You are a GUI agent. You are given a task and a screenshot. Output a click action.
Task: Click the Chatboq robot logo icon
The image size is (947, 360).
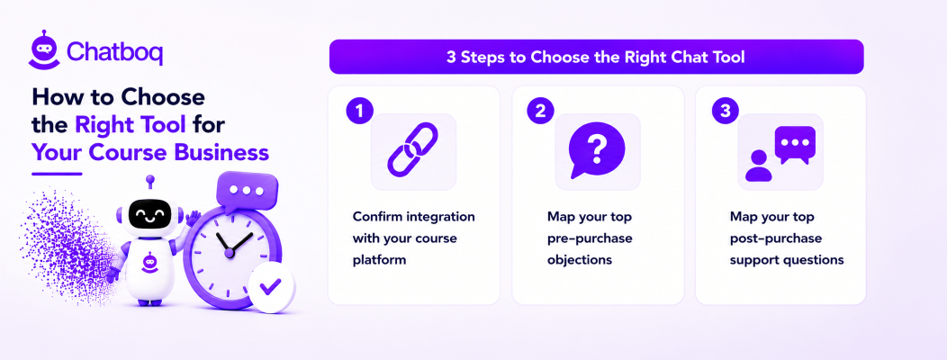pos(44,49)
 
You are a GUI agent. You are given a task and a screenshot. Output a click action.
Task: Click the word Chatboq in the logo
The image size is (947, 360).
pos(114,52)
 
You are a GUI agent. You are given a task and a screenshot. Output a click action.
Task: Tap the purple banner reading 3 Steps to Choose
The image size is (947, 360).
pos(596,57)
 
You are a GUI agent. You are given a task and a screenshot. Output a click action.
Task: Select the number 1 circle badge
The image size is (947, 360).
pos(359,111)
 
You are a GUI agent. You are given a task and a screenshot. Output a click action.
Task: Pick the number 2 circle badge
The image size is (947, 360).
pos(540,111)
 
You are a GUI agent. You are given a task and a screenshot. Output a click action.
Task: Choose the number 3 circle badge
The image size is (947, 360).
pos(725,111)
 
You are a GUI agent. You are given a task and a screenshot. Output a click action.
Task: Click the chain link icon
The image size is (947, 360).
pos(412,149)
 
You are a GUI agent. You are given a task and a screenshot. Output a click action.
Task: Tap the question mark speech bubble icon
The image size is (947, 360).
pos(597,150)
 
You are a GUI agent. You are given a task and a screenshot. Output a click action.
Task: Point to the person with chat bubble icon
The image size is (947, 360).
pos(780,153)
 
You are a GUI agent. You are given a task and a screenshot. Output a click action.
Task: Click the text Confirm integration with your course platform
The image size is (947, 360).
pos(414,238)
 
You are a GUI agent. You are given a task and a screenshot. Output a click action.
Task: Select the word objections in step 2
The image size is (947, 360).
pos(580,260)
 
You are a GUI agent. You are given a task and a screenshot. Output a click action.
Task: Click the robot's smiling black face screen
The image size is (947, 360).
pos(149,214)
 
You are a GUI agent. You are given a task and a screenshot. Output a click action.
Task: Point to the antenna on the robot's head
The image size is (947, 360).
pos(149,184)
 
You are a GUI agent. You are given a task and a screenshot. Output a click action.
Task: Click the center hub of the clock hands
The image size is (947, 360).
pos(229,253)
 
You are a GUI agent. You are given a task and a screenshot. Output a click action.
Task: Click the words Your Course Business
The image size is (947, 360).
pos(149,152)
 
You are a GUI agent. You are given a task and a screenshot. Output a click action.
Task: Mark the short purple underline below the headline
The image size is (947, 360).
pos(56,174)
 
